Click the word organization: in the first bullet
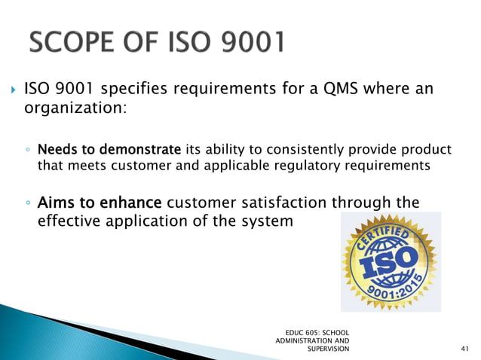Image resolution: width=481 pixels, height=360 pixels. click(69, 109)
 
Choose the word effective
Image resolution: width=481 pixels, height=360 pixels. click(74, 222)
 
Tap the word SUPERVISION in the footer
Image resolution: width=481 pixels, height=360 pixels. click(329, 349)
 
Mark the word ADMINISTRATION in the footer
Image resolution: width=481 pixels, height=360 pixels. click(306, 340)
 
